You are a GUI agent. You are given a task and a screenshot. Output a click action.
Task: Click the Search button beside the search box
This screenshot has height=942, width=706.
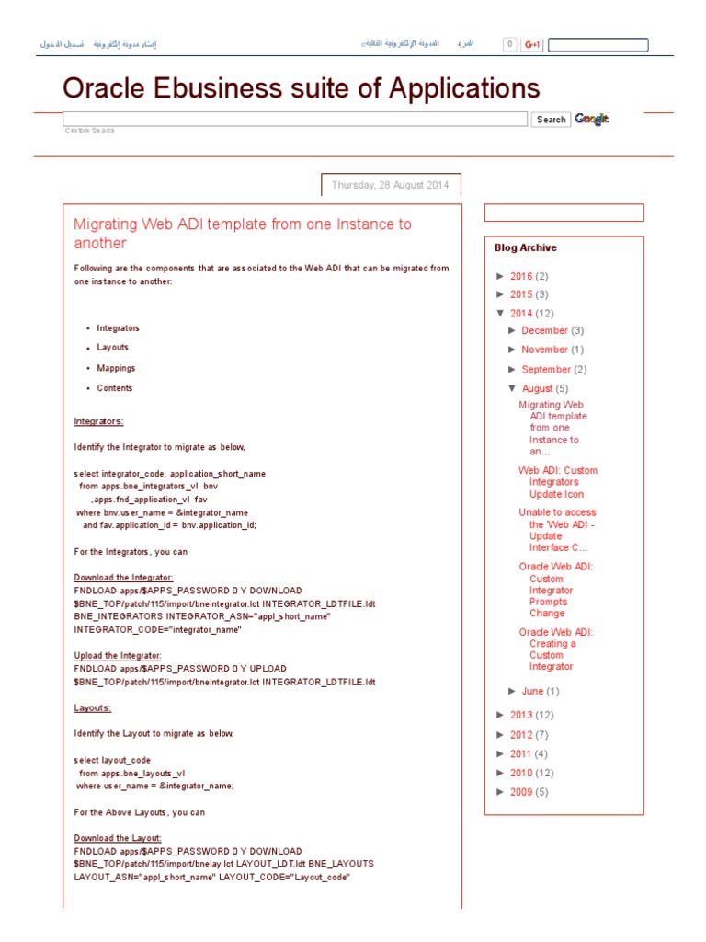click(x=551, y=120)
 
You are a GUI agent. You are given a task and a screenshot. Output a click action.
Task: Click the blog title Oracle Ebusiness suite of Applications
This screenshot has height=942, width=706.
click(x=301, y=88)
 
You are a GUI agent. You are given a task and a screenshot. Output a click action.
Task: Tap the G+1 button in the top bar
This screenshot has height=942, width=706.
click(x=531, y=44)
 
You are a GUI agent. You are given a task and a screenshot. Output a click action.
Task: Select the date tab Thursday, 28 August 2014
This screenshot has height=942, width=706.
click(x=390, y=185)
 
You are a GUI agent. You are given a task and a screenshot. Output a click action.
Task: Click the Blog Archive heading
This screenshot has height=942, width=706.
click(x=525, y=247)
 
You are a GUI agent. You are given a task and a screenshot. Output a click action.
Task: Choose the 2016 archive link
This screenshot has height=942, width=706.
click(x=520, y=276)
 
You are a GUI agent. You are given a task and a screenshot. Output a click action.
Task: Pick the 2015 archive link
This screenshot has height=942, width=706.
click(x=520, y=294)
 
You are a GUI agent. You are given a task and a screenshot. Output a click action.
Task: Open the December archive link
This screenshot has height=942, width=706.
click(x=544, y=330)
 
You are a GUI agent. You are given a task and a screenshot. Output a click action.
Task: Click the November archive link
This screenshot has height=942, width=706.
click(x=544, y=350)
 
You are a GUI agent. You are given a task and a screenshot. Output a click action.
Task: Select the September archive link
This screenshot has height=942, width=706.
click(x=546, y=370)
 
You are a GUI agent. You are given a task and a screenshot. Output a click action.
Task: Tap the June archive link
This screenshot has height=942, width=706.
click(x=532, y=691)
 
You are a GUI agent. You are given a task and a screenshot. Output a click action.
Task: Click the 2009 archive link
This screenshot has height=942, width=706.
click(x=520, y=792)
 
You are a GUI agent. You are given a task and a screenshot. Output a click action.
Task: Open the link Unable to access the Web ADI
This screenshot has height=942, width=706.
click(x=557, y=530)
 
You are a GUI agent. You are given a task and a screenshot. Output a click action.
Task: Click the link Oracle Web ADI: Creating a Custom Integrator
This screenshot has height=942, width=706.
click(x=555, y=649)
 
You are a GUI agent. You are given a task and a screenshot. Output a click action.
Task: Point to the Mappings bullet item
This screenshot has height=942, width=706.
click(x=116, y=368)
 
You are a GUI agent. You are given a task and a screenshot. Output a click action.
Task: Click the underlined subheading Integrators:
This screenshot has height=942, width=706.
click(x=98, y=421)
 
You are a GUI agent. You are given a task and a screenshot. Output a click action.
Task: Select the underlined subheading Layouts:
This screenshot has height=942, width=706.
click(x=92, y=708)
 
